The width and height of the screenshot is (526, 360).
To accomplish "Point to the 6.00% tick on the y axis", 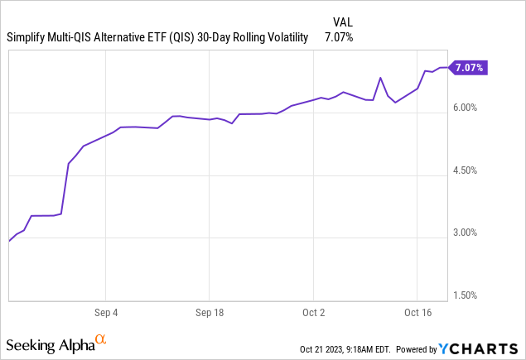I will tap(465, 108).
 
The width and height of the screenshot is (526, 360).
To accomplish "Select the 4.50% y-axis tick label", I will tap(465, 170).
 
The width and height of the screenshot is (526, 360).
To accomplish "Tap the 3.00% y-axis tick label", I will tap(465, 233).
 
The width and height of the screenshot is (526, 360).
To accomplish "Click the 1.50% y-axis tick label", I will tap(465, 295).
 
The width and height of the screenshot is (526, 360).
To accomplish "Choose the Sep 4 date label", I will tap(105, 313).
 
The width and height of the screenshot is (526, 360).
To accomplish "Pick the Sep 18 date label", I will tap(210, 313).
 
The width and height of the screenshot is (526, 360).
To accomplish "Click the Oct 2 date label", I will tap(314, 313).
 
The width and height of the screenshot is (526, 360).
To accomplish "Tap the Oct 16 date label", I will tap(417, 313).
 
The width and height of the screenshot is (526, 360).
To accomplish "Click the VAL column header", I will tap(343, 21).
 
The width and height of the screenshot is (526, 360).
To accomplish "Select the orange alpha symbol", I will tap(100, 339).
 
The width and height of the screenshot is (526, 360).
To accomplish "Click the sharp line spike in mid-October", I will tap(380, 78).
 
